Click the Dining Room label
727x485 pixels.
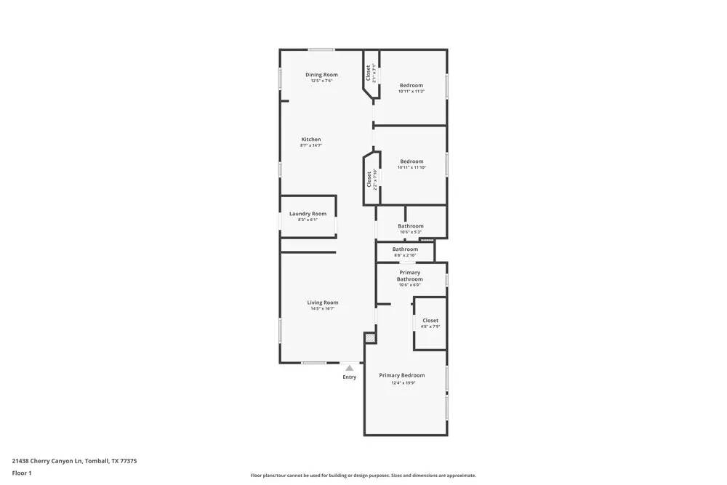(x=321, y=75)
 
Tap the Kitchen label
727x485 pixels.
(x=311, y=140)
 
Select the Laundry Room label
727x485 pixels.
(x=308, y=214)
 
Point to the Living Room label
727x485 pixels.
(x=322, y=302)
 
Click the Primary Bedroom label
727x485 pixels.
(x=402, y=375)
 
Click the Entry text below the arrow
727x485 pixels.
(x=350, y=377)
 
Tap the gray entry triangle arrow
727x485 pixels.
(x=350, y=368)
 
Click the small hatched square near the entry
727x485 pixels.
(x=370, y=338)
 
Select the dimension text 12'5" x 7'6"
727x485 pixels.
(x=321, y=81)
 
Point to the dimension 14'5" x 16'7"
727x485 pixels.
(x=322, y=308)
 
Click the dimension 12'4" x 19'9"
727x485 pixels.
(x=402, y=382)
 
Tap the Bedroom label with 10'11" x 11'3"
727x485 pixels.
(x=411, y=86)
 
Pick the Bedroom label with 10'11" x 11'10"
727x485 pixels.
(x=411, y=161)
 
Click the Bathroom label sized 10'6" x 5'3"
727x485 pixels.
(x=411, y=226)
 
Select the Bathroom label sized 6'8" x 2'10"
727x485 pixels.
(x=406, y=249)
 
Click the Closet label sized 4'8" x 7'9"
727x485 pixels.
(x=430, y=321)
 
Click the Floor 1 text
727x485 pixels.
(x=22, y=473)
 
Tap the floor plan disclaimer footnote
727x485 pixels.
(x=363, y=476)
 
